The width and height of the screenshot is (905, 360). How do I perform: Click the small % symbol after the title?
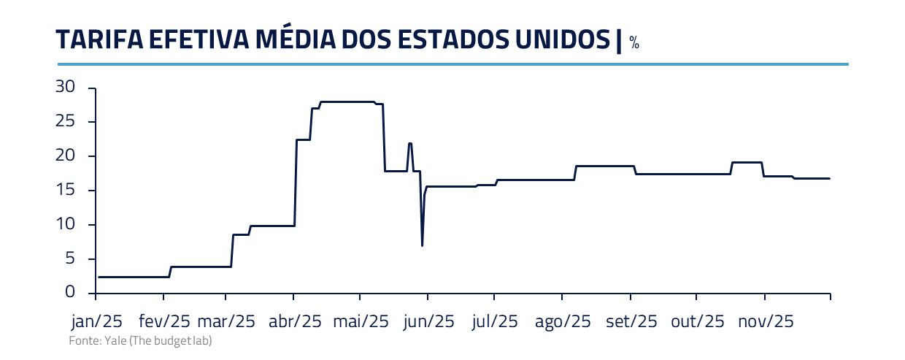[x=634, y=45]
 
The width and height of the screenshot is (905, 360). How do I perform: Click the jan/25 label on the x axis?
[x=96, y=322]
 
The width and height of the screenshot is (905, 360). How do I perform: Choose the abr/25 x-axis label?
[x=296, y=322]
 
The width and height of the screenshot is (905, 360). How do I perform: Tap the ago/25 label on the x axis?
[x=562, y=322]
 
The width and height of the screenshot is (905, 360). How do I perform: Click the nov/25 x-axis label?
[x=766, y=322]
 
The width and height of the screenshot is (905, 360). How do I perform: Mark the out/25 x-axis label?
[x=698, y=322]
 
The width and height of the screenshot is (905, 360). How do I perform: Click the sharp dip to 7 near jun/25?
[x=423, y=244]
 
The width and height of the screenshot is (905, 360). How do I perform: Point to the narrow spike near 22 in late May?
[x=410, y=144]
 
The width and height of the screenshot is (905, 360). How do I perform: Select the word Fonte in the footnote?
[x=82, y=341]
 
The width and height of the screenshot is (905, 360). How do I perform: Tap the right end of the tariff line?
[x=829, y=178]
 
